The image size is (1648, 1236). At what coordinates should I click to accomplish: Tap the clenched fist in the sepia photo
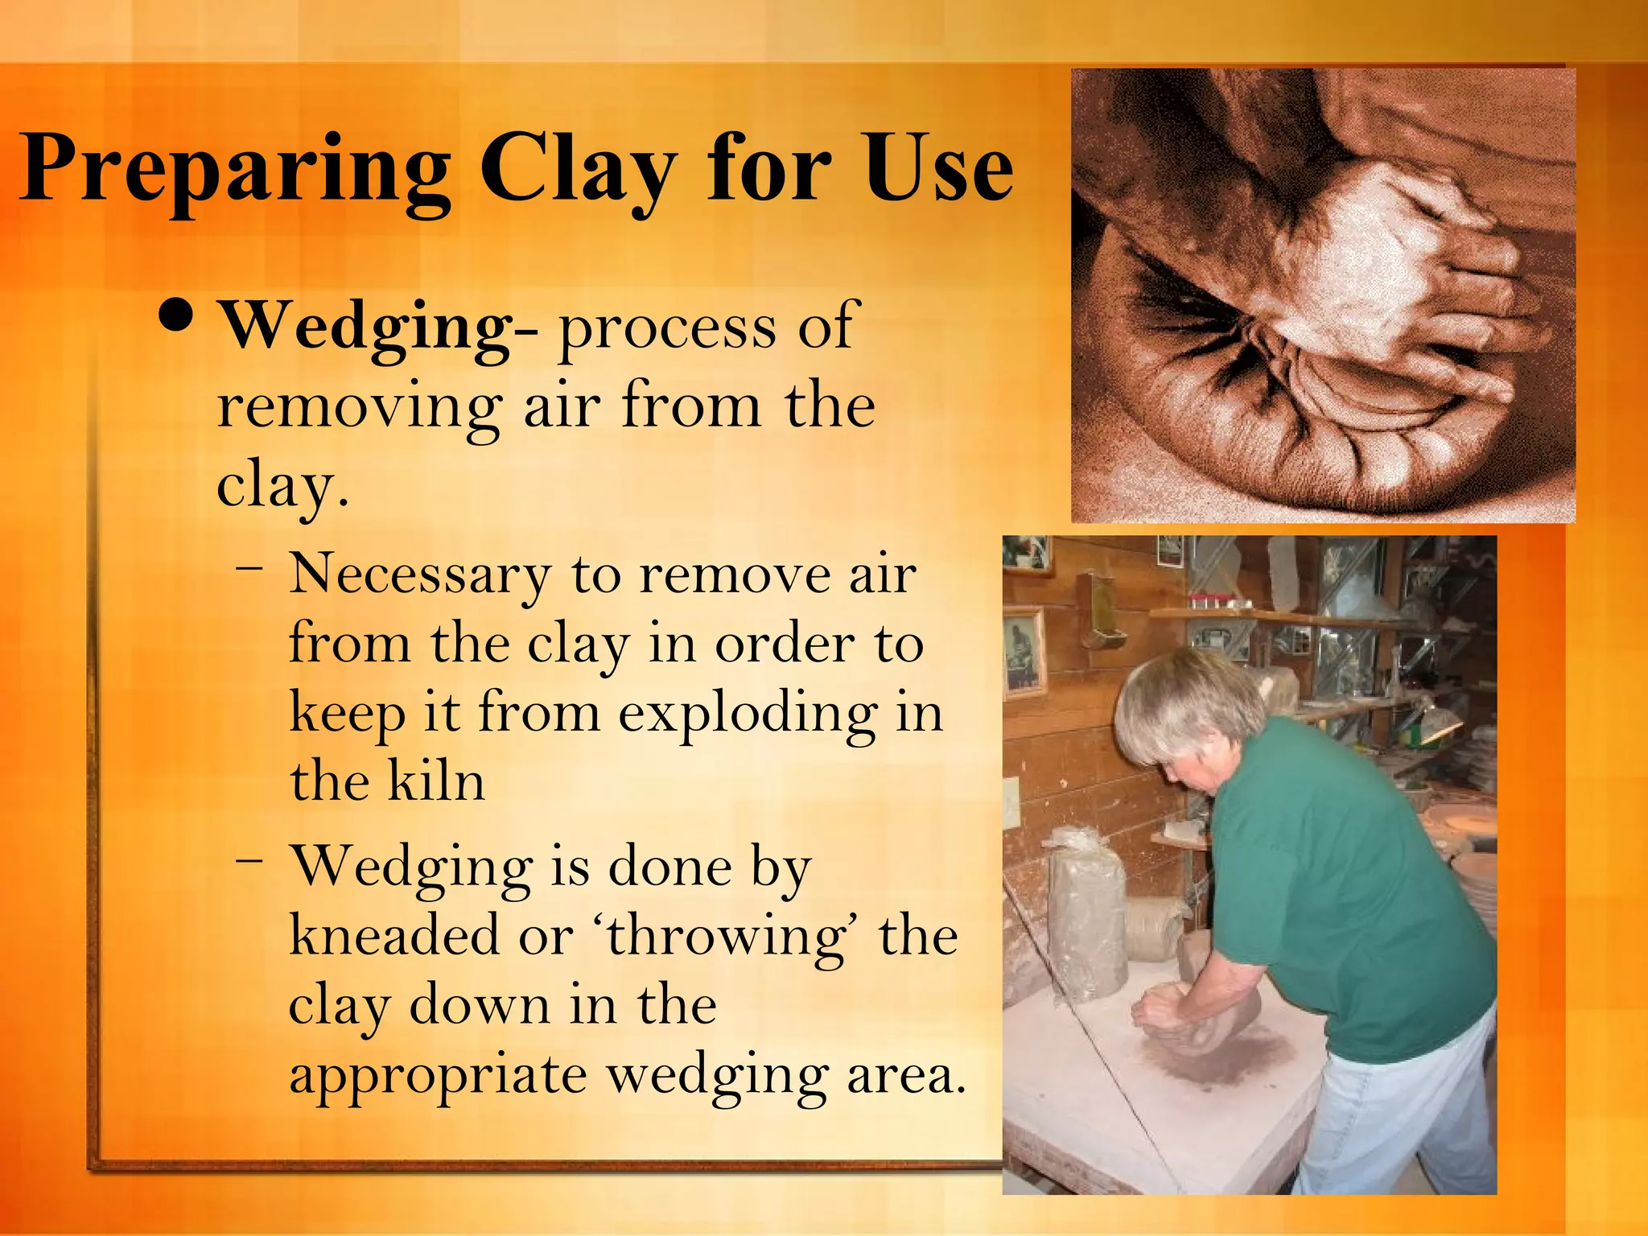pyautogui.click(x=1400, y=266)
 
